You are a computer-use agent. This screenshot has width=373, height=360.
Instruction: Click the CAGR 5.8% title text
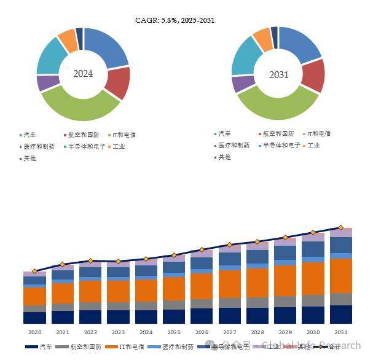click(175, 20)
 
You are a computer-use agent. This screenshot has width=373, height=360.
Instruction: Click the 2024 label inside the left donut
click(83, 74)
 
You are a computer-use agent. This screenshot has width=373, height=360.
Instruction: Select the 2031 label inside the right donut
click(278, 74)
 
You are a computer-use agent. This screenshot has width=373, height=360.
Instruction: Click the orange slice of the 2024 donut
click(66, 40)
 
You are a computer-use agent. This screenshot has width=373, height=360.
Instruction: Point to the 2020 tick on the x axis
click(34, 332)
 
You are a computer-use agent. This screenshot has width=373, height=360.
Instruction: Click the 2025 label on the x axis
click(174, 332)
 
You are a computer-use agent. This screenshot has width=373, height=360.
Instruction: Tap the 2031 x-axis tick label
click(341, 332)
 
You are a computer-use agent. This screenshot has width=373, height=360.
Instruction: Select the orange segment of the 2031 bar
click(341, 276)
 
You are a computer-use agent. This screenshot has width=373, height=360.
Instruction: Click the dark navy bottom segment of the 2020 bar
click(34, 317)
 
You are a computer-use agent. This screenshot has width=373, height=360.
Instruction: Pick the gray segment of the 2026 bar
click(202, 303)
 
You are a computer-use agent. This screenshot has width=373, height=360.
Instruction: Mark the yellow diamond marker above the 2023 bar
click(118, 262)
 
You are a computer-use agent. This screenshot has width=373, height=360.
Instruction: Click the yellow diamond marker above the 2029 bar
click(285, 237)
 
